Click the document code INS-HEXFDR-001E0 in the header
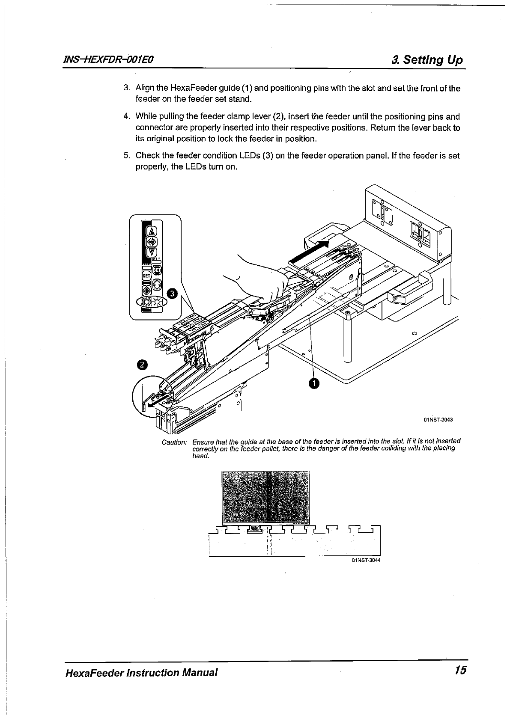108,59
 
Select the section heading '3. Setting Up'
427,59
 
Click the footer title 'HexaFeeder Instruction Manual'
141,672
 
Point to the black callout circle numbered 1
314,384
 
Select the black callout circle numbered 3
172,293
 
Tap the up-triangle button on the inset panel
152,231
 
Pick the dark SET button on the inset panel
157,270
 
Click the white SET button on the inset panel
146,276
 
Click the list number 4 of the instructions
126,116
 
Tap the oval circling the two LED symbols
151,302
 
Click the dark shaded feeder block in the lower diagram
265,497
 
